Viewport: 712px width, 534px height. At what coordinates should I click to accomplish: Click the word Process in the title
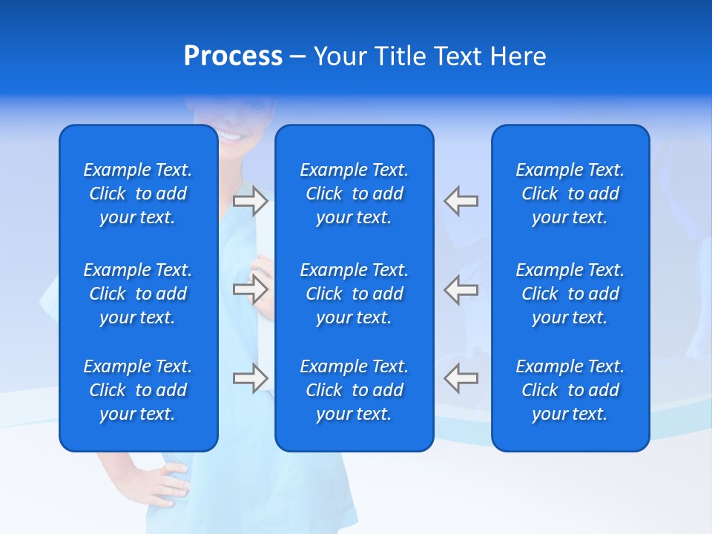[x=233, y=56]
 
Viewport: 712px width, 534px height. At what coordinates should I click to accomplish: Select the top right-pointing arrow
[x=251, y=201]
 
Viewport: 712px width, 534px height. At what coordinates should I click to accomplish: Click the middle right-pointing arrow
[x=251, y=289]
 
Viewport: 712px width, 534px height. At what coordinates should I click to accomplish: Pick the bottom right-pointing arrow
[x=251, y=378]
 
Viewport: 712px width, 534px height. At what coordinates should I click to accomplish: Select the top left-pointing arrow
[x=461, y=201]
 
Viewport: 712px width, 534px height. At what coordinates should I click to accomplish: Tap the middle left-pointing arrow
[x=461, y=289]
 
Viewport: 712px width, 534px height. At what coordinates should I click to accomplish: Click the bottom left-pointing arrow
[x=461, y=378]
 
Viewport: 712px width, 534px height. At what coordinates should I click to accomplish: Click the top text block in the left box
[x=138, y=194]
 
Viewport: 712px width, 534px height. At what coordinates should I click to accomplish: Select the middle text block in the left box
[x=138, y=294]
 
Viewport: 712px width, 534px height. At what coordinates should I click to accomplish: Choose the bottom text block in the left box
[x=138, y=390]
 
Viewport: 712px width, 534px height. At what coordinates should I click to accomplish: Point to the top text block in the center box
[x=355, y=194]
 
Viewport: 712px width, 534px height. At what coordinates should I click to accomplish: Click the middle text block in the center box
[x=355, y=294]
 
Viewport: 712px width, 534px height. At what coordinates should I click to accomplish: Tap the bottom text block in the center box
[x=355, y=390]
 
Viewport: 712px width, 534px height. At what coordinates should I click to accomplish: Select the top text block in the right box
[x=570, y=194]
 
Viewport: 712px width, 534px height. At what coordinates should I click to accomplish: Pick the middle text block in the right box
[x=570, y=294]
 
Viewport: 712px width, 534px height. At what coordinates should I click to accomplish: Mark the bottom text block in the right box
[x=570, y=390]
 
